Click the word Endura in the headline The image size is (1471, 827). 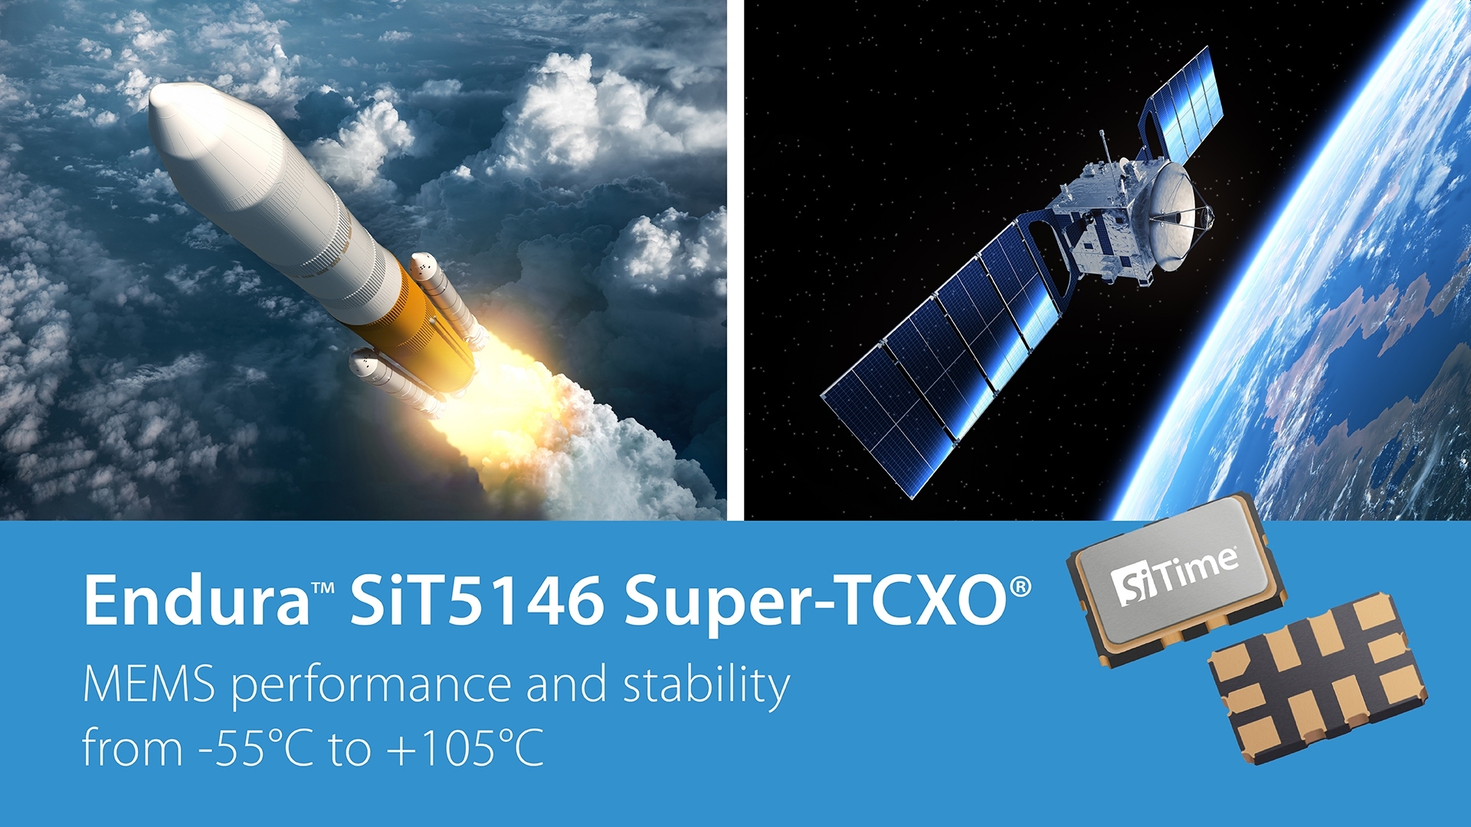[196, 601]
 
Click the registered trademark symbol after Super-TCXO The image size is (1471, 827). [1021, 587]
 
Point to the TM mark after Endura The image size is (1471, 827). [323, 588]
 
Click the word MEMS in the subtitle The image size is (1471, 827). [149, 685]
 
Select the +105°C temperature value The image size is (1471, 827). [466, 748]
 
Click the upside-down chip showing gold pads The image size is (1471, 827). [1318, 677]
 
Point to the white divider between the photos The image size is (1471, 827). [735, 260]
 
